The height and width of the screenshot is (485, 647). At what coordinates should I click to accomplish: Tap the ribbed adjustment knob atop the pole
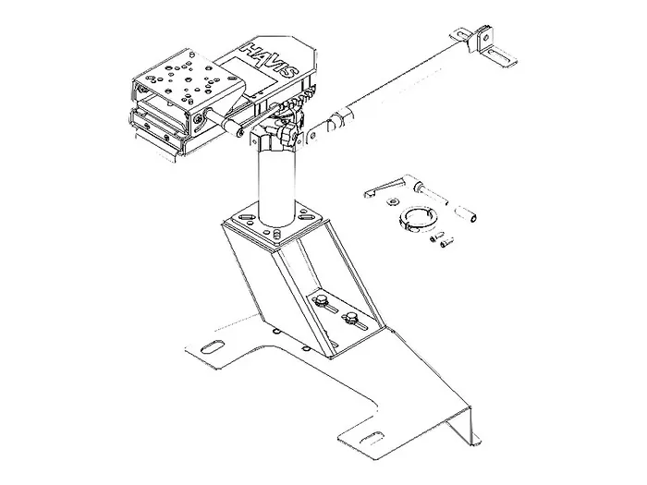pyautogui.click(x=287, y=135)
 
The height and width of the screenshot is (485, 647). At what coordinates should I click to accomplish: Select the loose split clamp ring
pyautogui.click(x=418, y=217)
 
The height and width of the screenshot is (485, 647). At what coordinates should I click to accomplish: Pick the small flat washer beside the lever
pyautogui.click(x=393, y=201)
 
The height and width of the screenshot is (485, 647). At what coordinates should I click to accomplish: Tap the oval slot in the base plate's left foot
pyautogui.click(x=212, y=346)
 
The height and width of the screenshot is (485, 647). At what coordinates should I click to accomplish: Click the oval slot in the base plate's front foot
pyautogui.click(x=371, y=438)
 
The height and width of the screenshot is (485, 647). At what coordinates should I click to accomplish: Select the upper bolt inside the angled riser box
pyautogui.click(x=320, y=300)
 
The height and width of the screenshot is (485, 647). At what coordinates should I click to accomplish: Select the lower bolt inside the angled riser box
pyautogui.click(x=349, y=318)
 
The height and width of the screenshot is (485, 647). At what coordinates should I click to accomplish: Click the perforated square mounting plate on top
pyautogui.click(x=189, y=81)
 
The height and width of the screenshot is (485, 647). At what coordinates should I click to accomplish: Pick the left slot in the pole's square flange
pyautogui.click(x=246, y=217)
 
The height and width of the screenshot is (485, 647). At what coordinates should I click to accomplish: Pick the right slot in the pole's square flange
pyautogui.click(x=305, y=216)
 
